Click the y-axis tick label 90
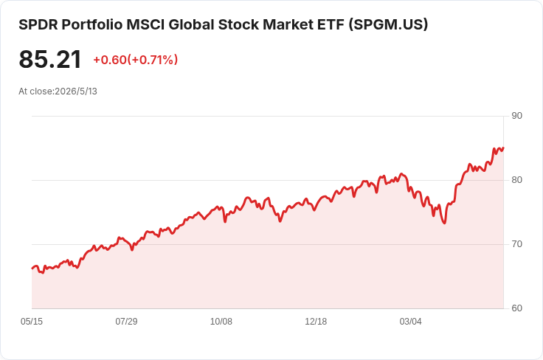pyautogui.click(x=516, y=116)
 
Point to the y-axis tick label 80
pyautogui.click(x=516, y=180)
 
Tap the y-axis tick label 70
pyautogui.click(x=516, y=244)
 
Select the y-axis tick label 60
pyautogui.click(x=516, y=308)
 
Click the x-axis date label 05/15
pyautogui.click(x=32, y=322)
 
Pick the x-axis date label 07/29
pyautogui.click(x=126, y=322)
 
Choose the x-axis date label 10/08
pyautogui.click(x=221, y=322)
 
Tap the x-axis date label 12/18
pyautogui.click(x=316, y=322)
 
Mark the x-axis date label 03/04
pyautogui.click(x=411, y=322)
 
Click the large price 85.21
pyautogui.click(x=50, y=60)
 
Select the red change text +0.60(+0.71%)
pyautogui.click(x=136, y=60)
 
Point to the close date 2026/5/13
pyautogui.click(x=76, y=91)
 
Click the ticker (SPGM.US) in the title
pyautogui.click(x=388, y=25)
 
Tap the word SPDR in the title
pyautogui.click(x=38, y=25)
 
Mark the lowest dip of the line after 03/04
pyautogui.click(x=444, y=224)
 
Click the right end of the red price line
pyautogui.click(x=503, y=148)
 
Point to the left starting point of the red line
pyautogui.click(x=32, y=269)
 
